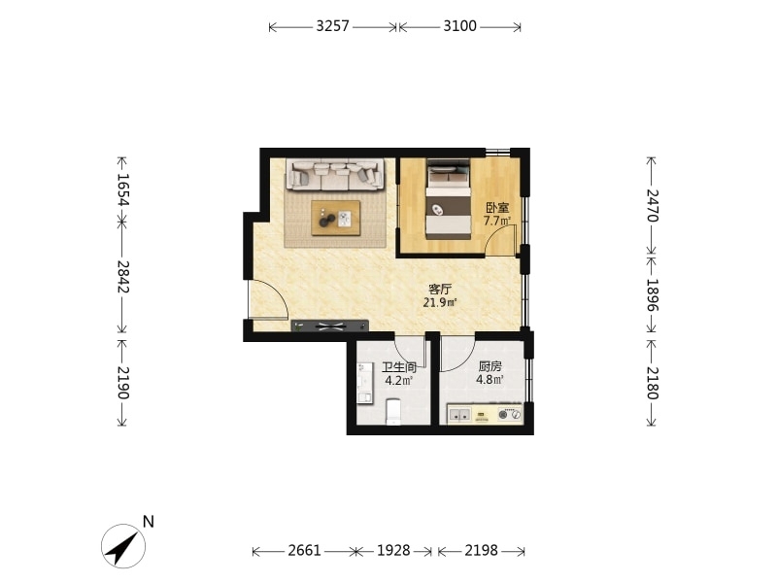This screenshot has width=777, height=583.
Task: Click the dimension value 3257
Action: tap(332, 26)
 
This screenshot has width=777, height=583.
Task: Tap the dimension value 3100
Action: tap(459, 26)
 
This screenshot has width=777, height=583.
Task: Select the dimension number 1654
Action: tap(123, 189)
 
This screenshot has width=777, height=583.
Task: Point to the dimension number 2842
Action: tap(123, 277)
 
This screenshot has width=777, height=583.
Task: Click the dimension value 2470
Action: tap(652, 206)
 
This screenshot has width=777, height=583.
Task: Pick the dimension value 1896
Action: tap(652, 294)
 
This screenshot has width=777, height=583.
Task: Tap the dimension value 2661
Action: tap(304, 550)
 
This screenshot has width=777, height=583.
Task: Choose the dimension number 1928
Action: tap(393, 550)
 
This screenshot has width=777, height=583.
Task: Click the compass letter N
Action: tap(149, 522)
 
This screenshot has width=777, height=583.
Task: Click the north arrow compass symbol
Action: tap(123, 546)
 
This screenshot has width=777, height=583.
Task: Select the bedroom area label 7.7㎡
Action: tap(496, 222)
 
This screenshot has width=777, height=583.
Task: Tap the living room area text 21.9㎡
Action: tap(439, 302)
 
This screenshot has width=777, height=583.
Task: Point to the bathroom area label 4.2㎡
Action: tap(399, 381)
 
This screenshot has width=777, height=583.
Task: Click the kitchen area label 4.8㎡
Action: tap(490, 380)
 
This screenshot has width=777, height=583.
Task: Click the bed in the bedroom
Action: tap(449, 199)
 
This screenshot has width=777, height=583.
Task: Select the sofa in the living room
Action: tap(335, 175)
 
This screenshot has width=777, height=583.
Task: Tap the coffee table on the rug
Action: tap(335, 218)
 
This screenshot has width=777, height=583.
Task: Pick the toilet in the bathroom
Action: tap(393, 411)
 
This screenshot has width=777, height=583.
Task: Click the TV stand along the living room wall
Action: tap(329, 326)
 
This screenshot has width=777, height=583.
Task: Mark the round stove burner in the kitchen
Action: tap(503, 415)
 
